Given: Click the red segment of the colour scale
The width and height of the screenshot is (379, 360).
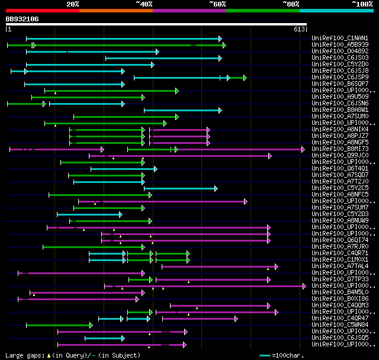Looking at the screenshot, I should (x=42, y=11).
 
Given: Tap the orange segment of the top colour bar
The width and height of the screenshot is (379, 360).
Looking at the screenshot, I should (x=115, y=11).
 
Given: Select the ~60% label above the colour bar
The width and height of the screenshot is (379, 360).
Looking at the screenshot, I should (x=217, y=4).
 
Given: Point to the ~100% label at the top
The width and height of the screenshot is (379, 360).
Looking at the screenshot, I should (x=362, y=4).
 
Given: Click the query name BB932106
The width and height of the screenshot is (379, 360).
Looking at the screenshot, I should (x=23, y=19).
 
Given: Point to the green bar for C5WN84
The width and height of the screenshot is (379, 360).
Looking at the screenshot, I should (x=59, y=325).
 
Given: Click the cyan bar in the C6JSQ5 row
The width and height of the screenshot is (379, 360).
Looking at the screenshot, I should (x=104, y=338).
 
